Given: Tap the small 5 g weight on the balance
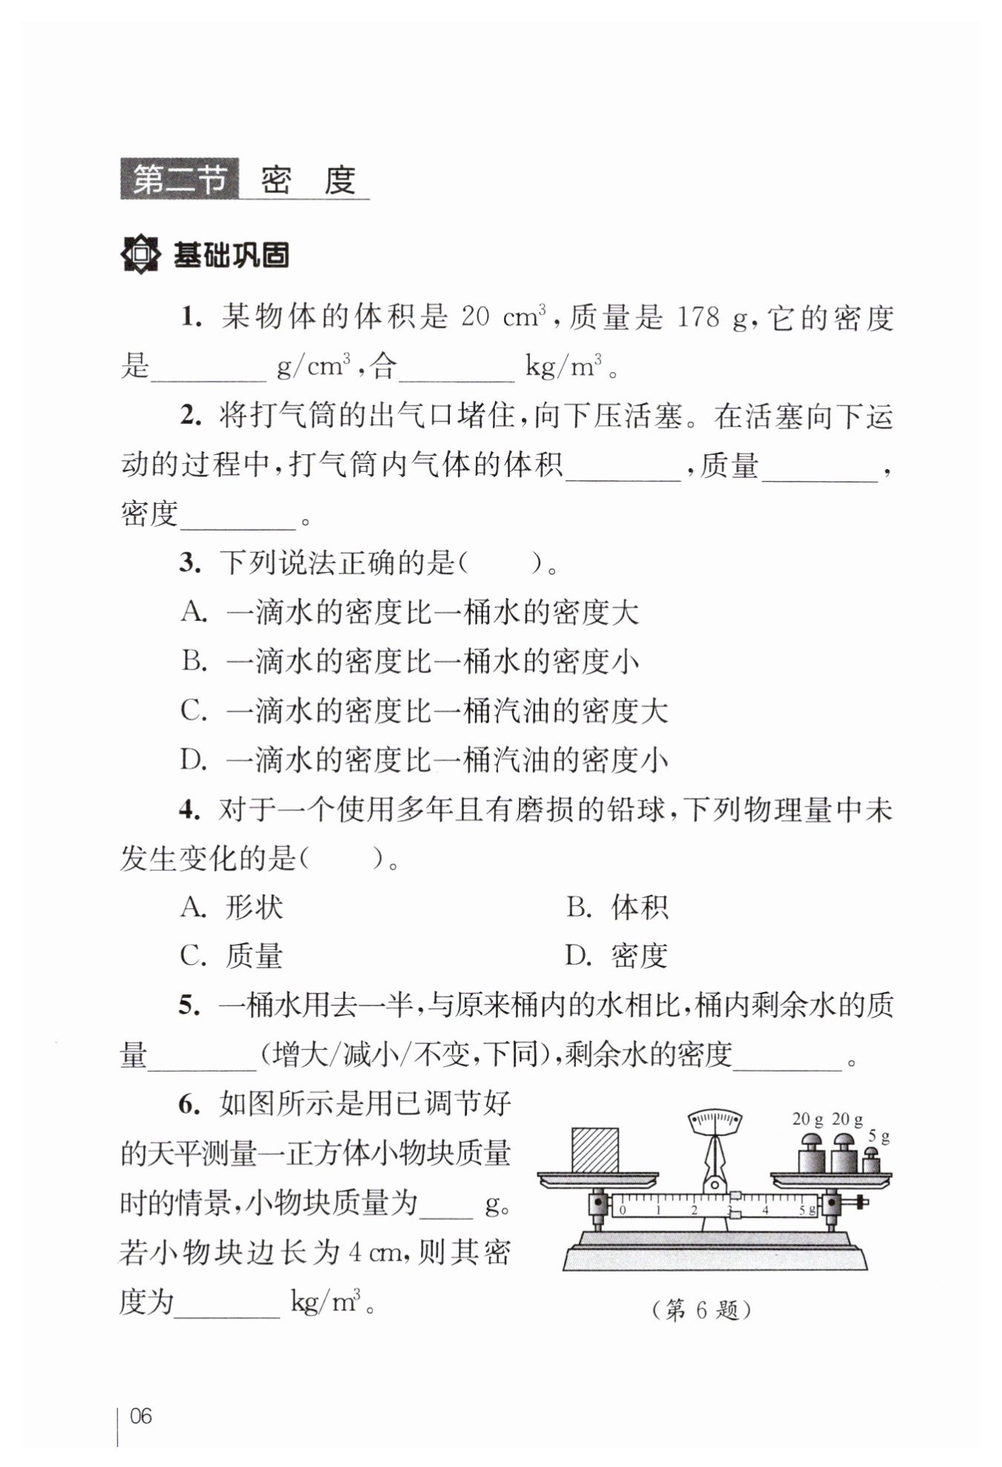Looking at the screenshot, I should pyautogui.click(x=871, y=1161).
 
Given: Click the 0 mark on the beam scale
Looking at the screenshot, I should pyautogui.click(x=623, y=1210).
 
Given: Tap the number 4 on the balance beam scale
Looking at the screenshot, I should pyautogui.click(x=765, y=1210).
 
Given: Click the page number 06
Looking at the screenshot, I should pyautogui.click(x=140, y=1416).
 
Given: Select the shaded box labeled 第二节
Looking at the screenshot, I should pyautogui.click(x=179, y=180).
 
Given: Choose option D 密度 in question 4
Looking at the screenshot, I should pyautogui.click(x=617, y=956).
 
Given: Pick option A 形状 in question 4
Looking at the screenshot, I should pyautogui.click(x=232, y=908).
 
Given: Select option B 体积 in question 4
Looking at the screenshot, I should pyautogui.click(x=618, y=908).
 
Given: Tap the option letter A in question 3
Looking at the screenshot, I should pyautogui.click(x=192, y=613).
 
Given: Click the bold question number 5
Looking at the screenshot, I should pyautogui.click(x=190, y=1005).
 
